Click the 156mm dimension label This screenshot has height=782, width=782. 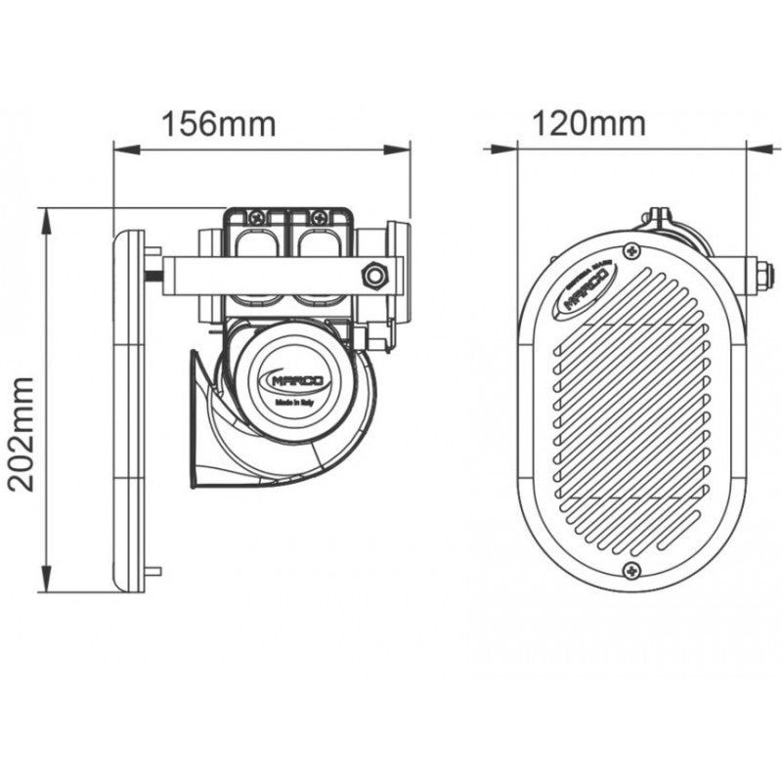pyautogui.click(x=219, y=124)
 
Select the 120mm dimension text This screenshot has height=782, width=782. pyautogui.click(x=588, y=123)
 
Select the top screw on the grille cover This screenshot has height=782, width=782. pyautogui.click(x=635, y=251)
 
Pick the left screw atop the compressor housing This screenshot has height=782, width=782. pyautogui.click(x=258, y=217)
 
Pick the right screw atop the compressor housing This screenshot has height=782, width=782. pyautogui.click(x=319, y=217)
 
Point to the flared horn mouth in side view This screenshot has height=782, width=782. pyautogui.click(x=201, y=420)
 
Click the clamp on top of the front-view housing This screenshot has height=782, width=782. pyautogui.click(x=657, y=217)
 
